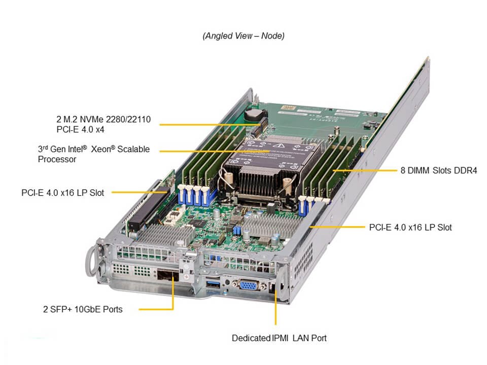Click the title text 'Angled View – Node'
pyautogui.click(x=243, y=36)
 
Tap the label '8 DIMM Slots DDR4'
pyautogui.click(x=438, y=170)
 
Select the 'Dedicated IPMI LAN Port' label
pyautogui.click(x=279, y=338)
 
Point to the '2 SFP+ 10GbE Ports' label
pyautogui.click(x=83, y=309)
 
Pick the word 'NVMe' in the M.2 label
pyautogui.click(x=93, y=120)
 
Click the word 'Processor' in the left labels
pyautogui.click(x=57, y=160)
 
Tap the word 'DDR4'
pyautogui.click(x=466, y=170)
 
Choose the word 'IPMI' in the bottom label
pyautogui.click(x=282, y=338)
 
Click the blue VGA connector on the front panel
pyautogui.click(x=248, y=285)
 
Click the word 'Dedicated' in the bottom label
pyautogui.click(x=250, y=338)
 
